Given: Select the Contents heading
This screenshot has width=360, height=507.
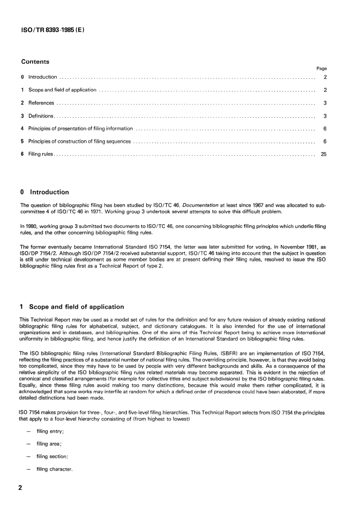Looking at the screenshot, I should click(x=35, y=62).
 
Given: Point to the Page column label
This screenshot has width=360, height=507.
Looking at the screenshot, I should click(x=321, y=69).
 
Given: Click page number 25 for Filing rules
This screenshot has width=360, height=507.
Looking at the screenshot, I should click(x=323, y=154).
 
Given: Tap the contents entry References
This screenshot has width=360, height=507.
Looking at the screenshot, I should click(x=41, y=103).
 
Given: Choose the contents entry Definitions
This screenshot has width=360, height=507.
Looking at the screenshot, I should click(x=41, y=116).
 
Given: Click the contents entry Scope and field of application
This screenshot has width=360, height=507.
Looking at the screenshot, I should click(x=62, y=90).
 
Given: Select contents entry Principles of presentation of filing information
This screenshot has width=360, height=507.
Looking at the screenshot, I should click(x=80, y=129).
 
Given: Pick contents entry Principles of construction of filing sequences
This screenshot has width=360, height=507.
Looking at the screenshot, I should click(x=79, y=142).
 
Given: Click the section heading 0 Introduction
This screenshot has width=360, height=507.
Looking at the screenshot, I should click(x=45, y=192).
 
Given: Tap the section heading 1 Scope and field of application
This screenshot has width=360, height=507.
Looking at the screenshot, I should click(x=72, y=307).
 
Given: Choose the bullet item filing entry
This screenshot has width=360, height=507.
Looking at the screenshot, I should click(x=50, y=432).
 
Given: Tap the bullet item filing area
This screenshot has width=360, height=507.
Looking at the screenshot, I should click(x=49, y=444).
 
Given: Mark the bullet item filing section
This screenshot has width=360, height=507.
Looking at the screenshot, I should click(x=52, y=457).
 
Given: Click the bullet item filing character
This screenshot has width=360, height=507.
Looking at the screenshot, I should click(x=54, y=469).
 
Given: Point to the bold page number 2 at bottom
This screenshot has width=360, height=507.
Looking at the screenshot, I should click(x=20, y=488).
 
